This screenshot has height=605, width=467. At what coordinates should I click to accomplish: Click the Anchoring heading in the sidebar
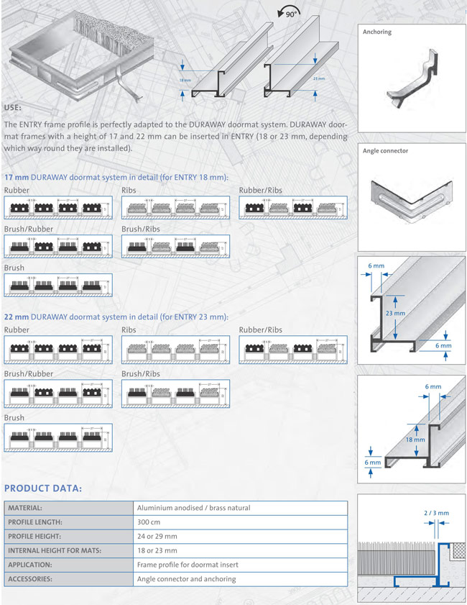pos(377,32)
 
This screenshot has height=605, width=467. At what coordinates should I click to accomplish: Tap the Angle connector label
pos(385,151)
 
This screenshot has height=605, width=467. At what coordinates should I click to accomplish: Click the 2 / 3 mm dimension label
pos(436,513)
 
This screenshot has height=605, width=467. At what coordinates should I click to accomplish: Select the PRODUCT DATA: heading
pos(43,488)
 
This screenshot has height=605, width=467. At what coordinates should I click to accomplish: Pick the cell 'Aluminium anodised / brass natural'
pos(193,508)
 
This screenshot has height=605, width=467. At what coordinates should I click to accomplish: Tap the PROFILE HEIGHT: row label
pos(39,536)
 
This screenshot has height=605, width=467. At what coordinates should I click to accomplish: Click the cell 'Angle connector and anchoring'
pos(186,578)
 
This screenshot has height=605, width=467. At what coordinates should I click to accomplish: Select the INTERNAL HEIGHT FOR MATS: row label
pos(55,550)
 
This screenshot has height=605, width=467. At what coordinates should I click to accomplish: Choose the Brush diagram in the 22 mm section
pos(58,437)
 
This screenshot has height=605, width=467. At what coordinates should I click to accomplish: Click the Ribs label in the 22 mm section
pos(129,329)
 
